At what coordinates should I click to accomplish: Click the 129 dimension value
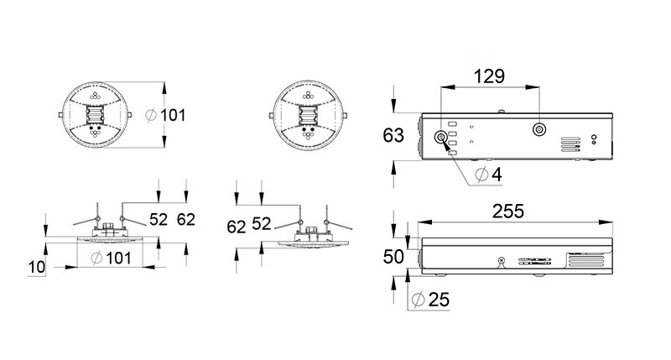click(x=489, y=76)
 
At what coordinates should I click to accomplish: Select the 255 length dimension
click(x=508, y=211)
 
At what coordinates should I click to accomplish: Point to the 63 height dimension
click(x=393, y=135)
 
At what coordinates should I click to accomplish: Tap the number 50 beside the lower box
click(x=393, y=257)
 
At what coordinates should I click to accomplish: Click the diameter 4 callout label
click(x=489, y=175)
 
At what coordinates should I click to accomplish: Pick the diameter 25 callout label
click(x=430, y=300)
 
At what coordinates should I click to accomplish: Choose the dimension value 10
click(x=36, y=267)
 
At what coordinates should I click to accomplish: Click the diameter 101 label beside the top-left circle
click(x=165, y=115)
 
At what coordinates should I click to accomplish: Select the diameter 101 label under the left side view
click(x=112, y=258)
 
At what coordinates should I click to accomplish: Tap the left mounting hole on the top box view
click(x=440, y=138)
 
